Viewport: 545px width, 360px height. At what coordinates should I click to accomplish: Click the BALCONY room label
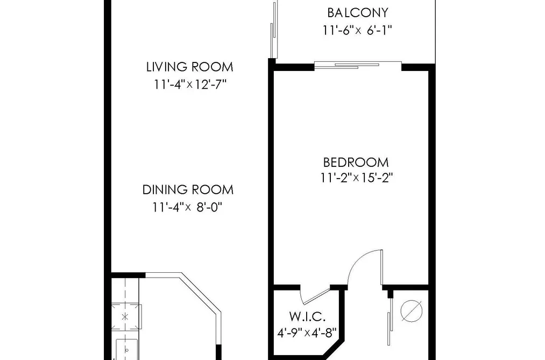pos(357,13)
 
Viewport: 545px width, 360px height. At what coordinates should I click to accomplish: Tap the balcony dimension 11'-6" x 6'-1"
pos(357,31)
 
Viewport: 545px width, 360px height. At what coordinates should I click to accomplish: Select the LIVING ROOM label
pos(189,67)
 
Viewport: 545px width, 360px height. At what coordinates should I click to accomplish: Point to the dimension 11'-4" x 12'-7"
pos(190,84)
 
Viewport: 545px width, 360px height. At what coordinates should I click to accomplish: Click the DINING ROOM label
pos(188,190)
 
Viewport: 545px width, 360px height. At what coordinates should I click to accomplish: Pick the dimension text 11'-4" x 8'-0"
pos(187,208)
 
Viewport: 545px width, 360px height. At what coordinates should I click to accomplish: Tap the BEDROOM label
pos(356,163)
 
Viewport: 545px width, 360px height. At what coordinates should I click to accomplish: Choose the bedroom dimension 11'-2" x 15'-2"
pos(356,178)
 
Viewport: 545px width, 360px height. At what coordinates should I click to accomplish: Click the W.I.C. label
pos(307,316)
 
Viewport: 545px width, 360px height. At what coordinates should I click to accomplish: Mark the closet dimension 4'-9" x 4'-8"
pos(307,333)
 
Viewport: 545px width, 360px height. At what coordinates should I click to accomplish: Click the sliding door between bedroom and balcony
pos(358,65)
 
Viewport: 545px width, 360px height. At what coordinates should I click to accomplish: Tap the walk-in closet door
pos(315,296)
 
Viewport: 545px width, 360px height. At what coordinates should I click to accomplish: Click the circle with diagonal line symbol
pos(412,311)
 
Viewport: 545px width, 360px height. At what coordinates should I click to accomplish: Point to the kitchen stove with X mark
pos(126,316)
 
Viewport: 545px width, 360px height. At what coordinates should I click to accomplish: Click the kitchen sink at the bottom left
pos(126,349)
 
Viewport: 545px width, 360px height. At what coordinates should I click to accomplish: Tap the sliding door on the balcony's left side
pos(274,30)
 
